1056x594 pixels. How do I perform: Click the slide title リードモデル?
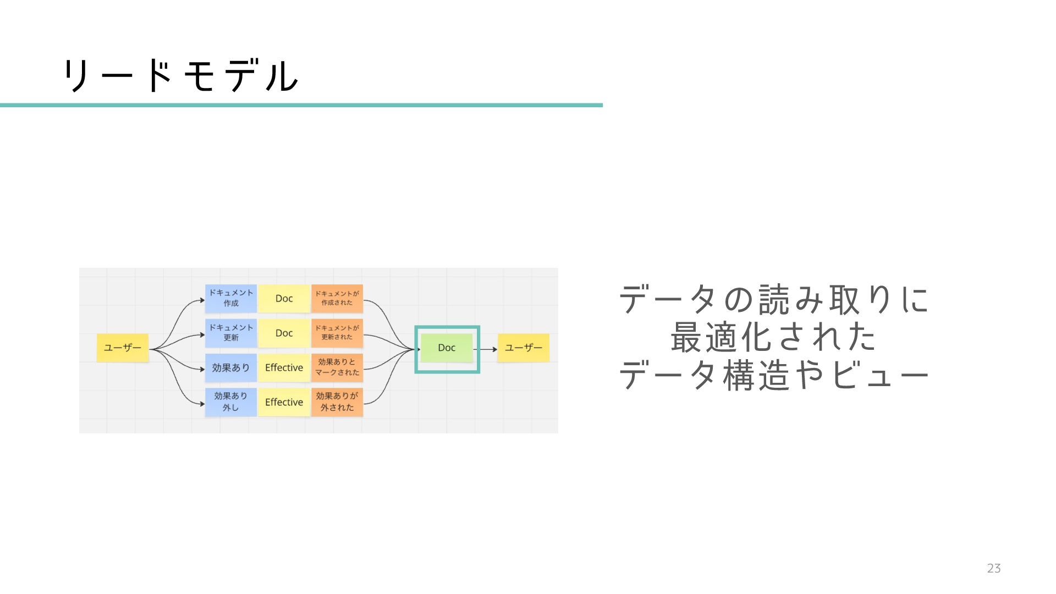point(180,76)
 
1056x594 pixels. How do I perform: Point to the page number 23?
point(993,569)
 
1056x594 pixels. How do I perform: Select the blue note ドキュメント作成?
point(230,298)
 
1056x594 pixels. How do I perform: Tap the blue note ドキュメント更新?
point(230,333)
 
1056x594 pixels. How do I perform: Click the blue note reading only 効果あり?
point(230,367)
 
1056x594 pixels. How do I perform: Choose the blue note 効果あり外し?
point(230,402)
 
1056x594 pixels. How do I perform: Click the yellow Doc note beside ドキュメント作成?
point(284,299)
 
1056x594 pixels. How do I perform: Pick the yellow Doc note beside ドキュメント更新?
point(284,333)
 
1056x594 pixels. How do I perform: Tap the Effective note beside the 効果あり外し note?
point(284,402)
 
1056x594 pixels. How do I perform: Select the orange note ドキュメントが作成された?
point(337,298)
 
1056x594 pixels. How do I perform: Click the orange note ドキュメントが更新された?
point(337,333)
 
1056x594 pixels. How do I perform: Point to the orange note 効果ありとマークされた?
point(337,367)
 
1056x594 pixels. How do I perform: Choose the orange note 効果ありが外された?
point(337,402)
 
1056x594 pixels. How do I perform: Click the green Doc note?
point(447,348)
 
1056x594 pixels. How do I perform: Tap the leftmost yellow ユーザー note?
point(123,348)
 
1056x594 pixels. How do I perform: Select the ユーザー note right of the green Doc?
point(523,348)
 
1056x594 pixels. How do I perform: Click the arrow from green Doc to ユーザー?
point(486,349)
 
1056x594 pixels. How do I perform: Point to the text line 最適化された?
point(773,337)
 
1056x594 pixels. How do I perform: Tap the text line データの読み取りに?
point(773,300)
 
